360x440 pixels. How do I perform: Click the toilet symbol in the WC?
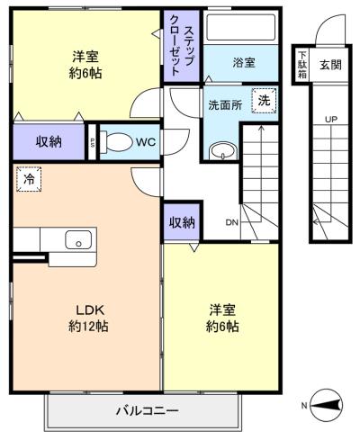pos(114,141)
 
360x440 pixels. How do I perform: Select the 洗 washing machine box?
pos(264,101)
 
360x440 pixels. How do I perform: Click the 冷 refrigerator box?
pos(29,180)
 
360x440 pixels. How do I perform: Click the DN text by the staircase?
pos(231,222)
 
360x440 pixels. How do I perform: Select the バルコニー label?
pos(146,411)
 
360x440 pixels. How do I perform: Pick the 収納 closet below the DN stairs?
pos(181,221)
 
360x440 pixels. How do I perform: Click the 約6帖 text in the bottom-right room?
pos(220,327)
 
